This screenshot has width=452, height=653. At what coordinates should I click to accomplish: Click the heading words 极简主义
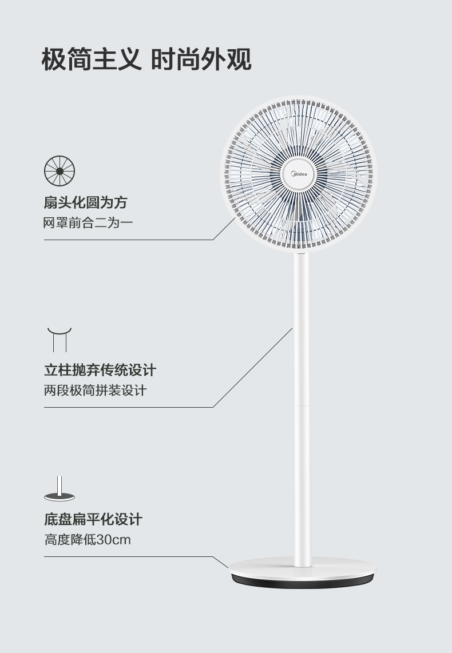tap(92, 59)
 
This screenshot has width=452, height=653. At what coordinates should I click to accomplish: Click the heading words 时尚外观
tap(201, 59)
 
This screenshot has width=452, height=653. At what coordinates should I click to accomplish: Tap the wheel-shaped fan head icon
tap(60, 170)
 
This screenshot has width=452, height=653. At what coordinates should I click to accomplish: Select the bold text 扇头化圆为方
tap(85, 202)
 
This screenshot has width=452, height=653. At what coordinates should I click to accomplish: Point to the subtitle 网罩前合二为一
tap(88, 222)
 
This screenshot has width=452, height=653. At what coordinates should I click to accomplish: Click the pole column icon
tap(60, 339)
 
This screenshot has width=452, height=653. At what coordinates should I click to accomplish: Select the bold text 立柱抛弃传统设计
tap(100, 370)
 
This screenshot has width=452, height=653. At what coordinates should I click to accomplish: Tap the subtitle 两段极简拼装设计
tap(95, 391)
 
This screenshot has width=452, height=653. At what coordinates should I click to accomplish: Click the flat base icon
tap(60, 491)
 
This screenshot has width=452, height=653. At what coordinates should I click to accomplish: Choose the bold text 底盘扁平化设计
tap(93, 519)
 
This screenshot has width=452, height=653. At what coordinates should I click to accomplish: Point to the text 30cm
tap(113, 539)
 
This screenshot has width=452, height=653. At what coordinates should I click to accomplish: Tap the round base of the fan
tap(302, 569)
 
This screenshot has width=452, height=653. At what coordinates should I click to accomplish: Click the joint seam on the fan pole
tap(302, 405)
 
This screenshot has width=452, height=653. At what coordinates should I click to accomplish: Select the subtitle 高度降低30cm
tap(88, 539)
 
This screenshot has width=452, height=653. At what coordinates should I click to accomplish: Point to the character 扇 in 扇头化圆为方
tap(50, 202)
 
